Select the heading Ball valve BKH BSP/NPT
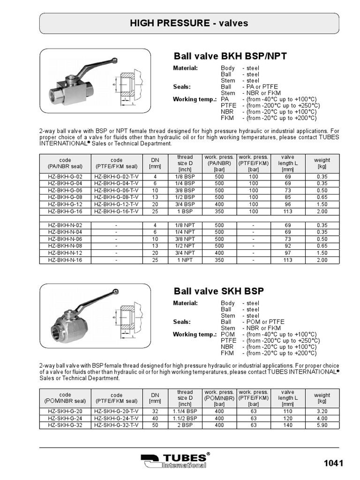pyautogui.click(x=230, y=57)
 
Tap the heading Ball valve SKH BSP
pyautogui.click(x=219, y=291)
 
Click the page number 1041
pyautogui.click(x=334, y=463)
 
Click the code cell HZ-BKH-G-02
pyautogui.click(x=65, y=177)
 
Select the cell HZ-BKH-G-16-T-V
pyautogui.click(x=116, y=211)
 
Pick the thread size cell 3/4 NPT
pyautogui.click(x=185, y=253)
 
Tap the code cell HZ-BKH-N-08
pyautogui.click(x=65, y=246)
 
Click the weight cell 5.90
pyautogui.click(x=322, y=425)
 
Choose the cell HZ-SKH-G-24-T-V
pyautogui.click(x=116, y=419)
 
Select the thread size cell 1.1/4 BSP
pyautogui.click(x=185, y=412)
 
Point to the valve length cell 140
pyautogui.click(x=287, y=425)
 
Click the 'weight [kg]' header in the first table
pyautogui.click(x=322, y=163)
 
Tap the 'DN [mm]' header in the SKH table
pyautogui.click(x=155, y=398)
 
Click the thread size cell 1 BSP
pyautogui.click(x=185, y=211)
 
